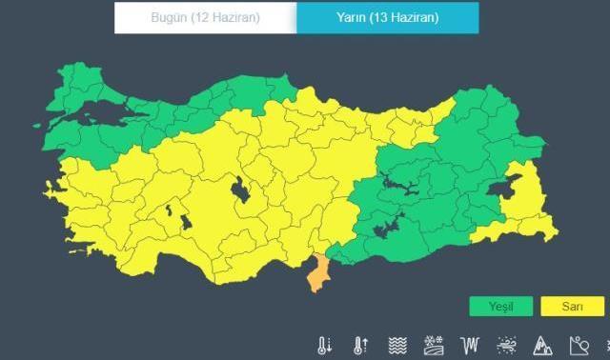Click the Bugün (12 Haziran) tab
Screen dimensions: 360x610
click(x=205, y=18)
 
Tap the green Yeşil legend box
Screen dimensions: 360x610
click(x=500, y=307)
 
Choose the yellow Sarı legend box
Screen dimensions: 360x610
click(x=572, y=307)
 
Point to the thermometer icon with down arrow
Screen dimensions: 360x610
click(x=325, y=345)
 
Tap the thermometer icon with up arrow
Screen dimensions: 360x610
click(x=360, y=345)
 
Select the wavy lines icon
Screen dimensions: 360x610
click(x=397, y=345)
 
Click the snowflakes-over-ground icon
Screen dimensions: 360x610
click(x=434, y=345)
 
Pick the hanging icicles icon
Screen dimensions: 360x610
click(x=470, y=345)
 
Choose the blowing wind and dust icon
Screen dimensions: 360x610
click(x=507, y=345)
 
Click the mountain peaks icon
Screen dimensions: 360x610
click(x=543, y=345)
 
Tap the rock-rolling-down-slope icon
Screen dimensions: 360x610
click(x=579, y=345)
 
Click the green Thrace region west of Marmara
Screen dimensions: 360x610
click(x=80, y=86)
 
